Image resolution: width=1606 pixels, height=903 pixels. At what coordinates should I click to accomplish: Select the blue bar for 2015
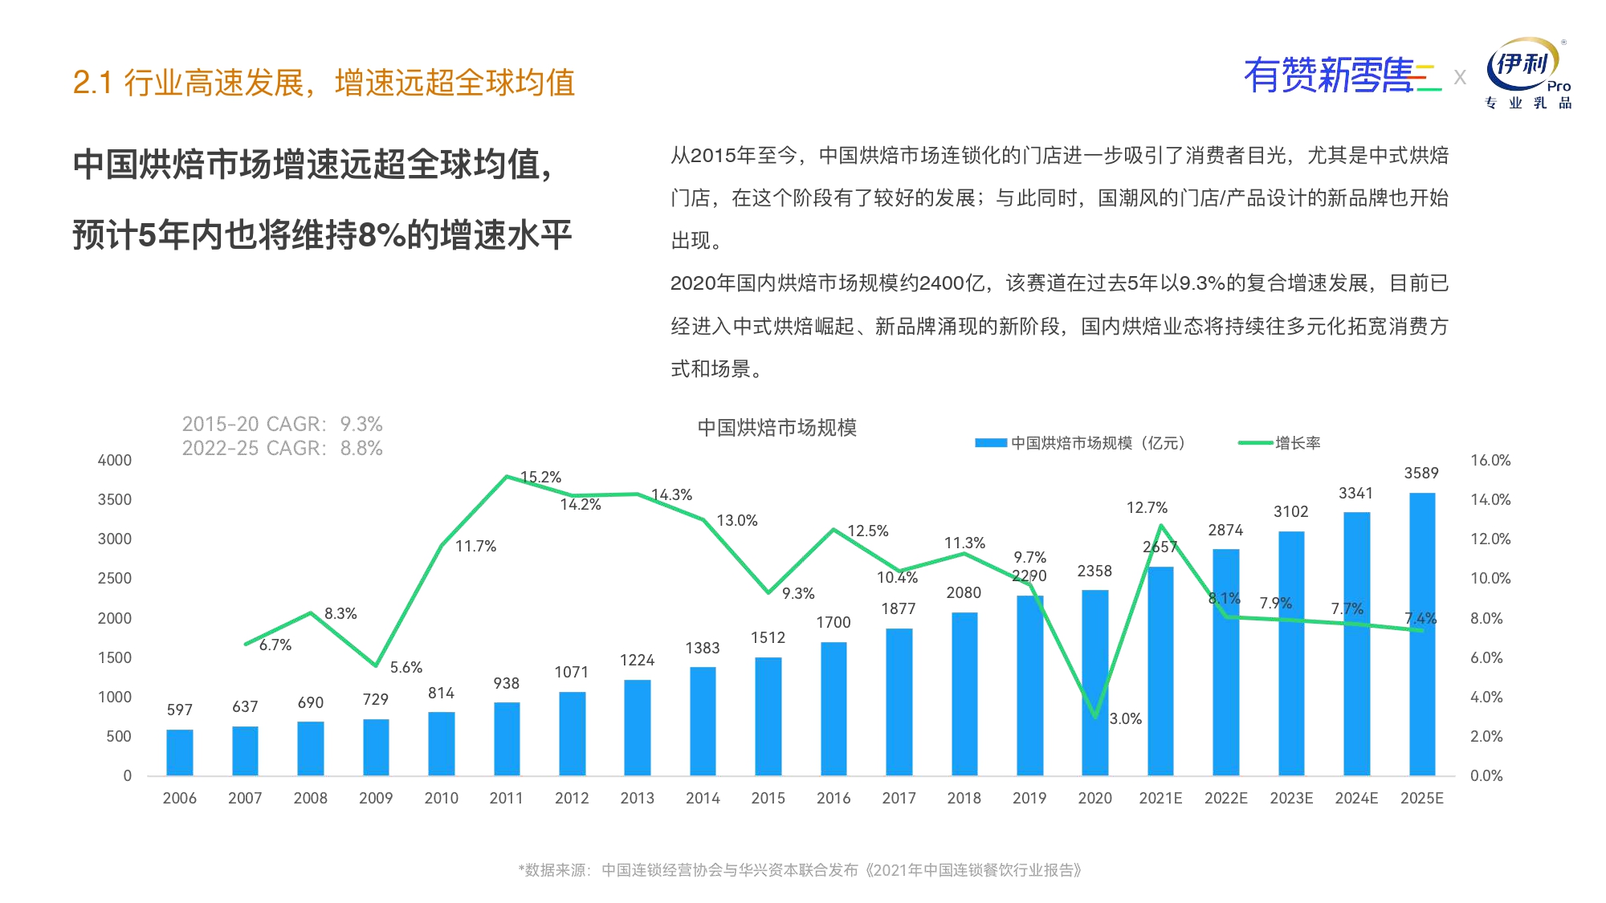click(768, 716)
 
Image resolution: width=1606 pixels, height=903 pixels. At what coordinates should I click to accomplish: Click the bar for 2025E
click(1421, 634)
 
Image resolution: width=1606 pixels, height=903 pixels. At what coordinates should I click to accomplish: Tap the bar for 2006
click(180, 752)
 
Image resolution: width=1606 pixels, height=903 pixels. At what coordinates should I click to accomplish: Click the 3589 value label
click(1421, 474)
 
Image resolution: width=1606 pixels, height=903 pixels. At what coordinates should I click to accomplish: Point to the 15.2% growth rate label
click(540, 478)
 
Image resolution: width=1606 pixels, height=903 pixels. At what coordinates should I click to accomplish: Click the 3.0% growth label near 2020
click(1125, 719)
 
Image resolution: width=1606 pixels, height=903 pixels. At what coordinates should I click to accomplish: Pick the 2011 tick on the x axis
click(506, 798)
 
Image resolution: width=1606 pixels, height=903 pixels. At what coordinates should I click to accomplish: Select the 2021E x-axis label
click(1160, 798)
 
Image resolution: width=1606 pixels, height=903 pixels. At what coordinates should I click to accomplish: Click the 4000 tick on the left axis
click(115, 461)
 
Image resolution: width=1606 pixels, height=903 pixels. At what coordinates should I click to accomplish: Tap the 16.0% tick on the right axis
click(1490, 461)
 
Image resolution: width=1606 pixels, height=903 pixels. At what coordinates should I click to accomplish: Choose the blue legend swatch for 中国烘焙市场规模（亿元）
click(991, 443)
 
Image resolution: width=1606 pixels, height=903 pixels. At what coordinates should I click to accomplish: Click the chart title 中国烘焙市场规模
click(777, 428)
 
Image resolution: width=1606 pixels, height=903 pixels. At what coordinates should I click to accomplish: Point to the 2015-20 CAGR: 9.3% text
click(282, 424)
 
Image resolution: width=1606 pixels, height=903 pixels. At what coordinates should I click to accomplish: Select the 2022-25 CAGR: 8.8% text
click(282, 448)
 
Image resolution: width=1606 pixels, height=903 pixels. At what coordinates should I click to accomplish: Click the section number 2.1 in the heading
click(92, 83)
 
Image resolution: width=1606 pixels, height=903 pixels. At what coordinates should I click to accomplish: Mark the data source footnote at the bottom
click(800, 870)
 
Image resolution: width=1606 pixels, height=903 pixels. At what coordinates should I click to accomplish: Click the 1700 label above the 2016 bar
click(833, 623)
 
